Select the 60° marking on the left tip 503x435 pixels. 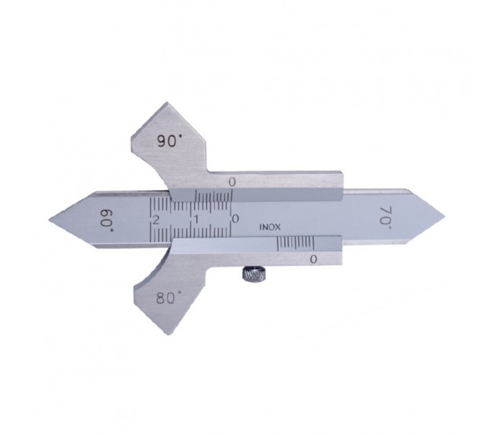(x=108, y=215)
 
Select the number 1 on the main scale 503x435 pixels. (x=195, y=217)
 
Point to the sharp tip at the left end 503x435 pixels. (x=53, y=218)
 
